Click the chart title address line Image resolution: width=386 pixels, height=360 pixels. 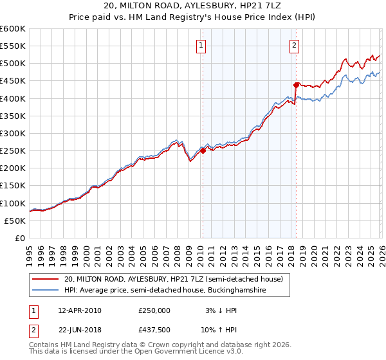click(193, 6)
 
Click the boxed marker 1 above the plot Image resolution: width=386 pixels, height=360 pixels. click(201, 46)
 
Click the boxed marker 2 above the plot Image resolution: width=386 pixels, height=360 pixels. click(294, 46)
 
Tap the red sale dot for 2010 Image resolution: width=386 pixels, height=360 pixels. click(203, 150)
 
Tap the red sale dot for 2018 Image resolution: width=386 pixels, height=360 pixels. click(296, 85)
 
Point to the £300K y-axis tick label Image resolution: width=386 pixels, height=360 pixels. click(13, 133)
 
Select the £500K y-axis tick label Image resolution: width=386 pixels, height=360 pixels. click(13, 64)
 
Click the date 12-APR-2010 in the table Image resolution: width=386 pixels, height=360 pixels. click(79, 310)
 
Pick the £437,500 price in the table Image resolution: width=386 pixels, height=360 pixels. click(154, 331)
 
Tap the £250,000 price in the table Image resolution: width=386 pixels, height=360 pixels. click(154, 310)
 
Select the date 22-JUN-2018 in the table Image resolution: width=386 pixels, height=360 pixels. click(79, 331)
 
